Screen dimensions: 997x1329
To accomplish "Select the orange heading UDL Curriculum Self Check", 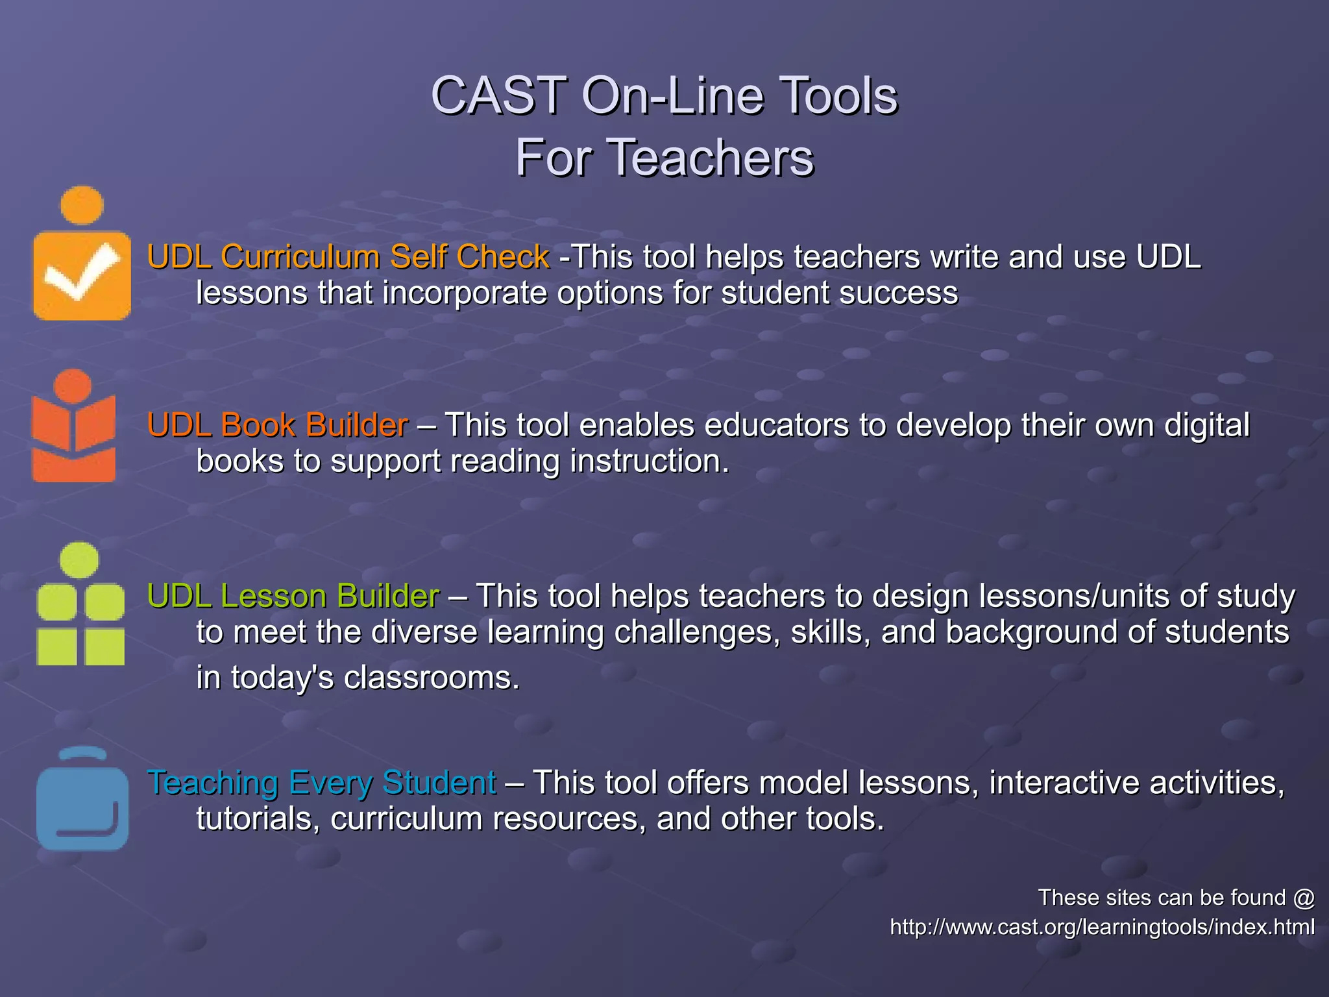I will (348, 257).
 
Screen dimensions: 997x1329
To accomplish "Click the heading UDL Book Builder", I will (278, 425).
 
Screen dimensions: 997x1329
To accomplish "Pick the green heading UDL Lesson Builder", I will (293, 596).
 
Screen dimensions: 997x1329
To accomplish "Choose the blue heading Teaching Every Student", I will (322, 782).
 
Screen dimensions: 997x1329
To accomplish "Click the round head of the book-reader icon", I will (73, 386).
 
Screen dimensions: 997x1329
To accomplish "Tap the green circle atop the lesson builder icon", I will (80, 560).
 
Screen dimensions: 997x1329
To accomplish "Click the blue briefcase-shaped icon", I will (82, 805).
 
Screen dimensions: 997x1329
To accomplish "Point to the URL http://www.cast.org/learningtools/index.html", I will (1102, 927).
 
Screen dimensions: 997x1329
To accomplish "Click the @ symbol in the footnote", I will (1303, 898).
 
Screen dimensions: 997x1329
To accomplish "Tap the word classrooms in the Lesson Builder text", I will (432, 678).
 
